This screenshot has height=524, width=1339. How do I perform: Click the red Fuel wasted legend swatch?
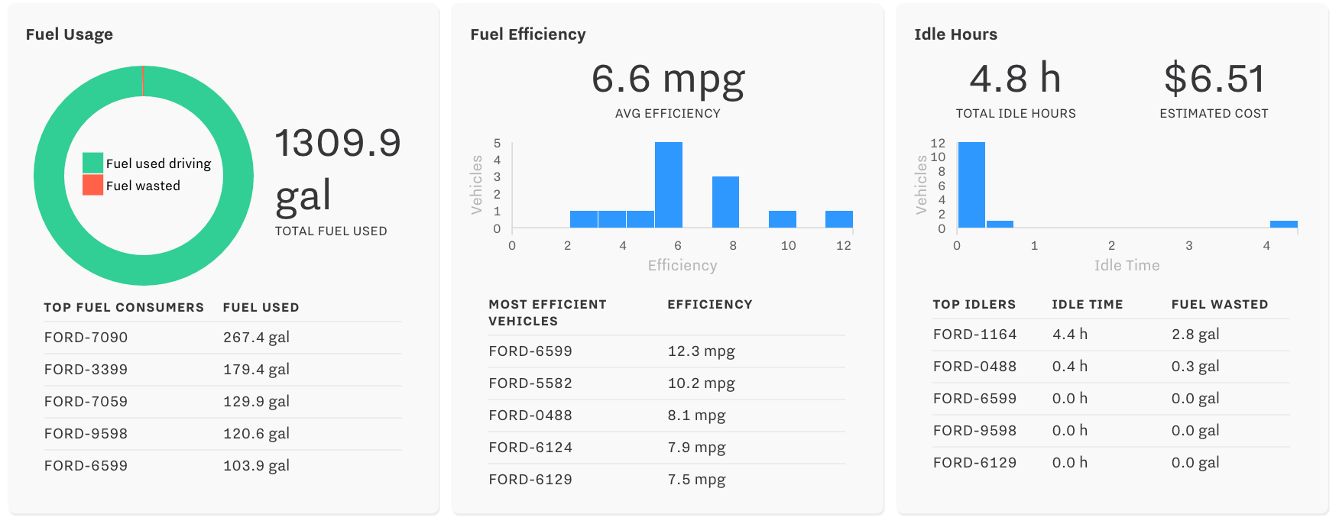[x=92, y=185]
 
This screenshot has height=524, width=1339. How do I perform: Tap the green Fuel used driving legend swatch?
[x=92, y=163]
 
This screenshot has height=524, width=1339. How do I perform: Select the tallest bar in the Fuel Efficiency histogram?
[x=668, y=185]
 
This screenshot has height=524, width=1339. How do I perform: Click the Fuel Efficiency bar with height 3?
[x=725, y=202]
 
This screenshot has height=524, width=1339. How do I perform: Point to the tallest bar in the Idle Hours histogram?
[x=971, y=185]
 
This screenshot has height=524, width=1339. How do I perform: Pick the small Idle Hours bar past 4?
[x=1283, y=225]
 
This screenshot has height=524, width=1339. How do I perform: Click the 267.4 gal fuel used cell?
[x=256, y=338]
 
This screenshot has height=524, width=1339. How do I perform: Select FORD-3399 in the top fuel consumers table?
[x=86, y=370]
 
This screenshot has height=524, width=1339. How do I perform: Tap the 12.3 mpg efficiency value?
[x=701, y=351]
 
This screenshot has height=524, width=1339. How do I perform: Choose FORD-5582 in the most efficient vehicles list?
[x=530, y=383]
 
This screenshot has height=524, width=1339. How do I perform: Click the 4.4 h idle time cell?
[x=1069, y=335]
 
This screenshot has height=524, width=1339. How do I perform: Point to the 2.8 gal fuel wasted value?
[x=1195, y=335]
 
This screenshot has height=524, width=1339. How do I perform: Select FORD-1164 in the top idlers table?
[x=974, y=335]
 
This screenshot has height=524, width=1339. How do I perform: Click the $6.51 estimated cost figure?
[x=1214, y=79]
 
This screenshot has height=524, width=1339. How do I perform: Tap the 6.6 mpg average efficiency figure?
[x=668, y=79]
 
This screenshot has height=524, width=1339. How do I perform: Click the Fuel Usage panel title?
[x=70, y=34]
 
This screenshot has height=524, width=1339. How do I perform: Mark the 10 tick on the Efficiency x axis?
[x=788, y=246]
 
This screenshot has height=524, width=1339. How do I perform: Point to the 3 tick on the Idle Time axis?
[x=1188, y=246]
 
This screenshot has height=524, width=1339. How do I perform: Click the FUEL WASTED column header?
[x=1219, y=305]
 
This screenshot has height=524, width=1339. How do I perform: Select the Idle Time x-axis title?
[x=1127, y=266]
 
